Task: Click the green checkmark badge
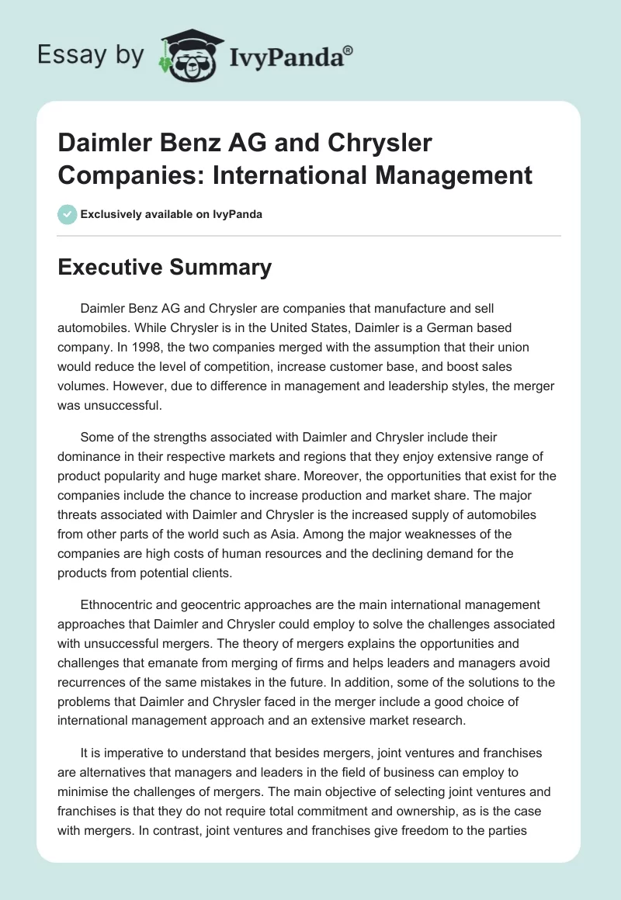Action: [68, 214]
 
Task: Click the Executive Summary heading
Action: [165, 268]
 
